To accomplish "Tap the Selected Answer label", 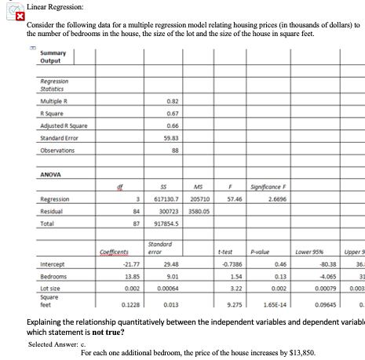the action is [x=52, y=344].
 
